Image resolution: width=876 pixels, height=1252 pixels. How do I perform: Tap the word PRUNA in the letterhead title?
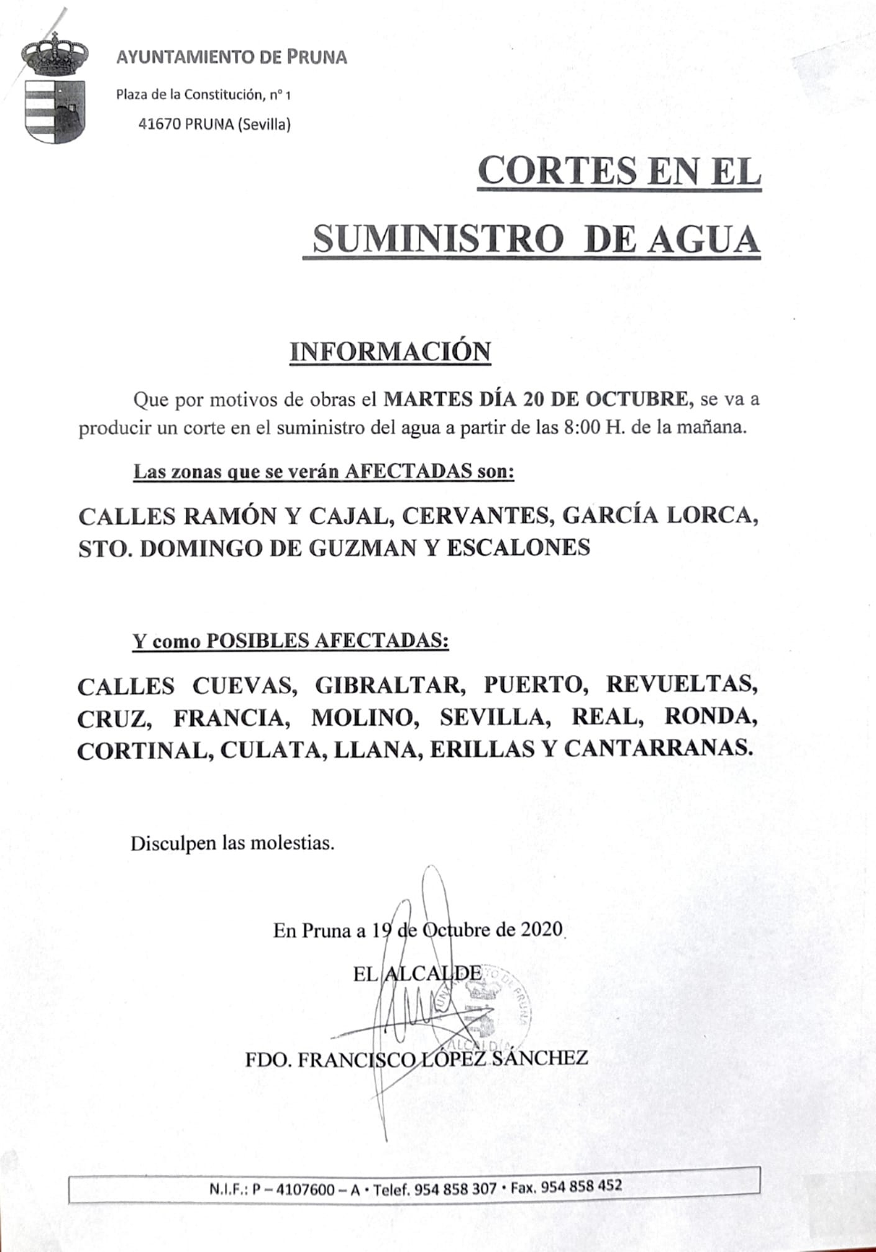[317, 58]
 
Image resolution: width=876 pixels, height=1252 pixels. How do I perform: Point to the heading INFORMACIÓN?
[390, 352]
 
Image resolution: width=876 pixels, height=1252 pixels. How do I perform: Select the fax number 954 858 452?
[582, 1187]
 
